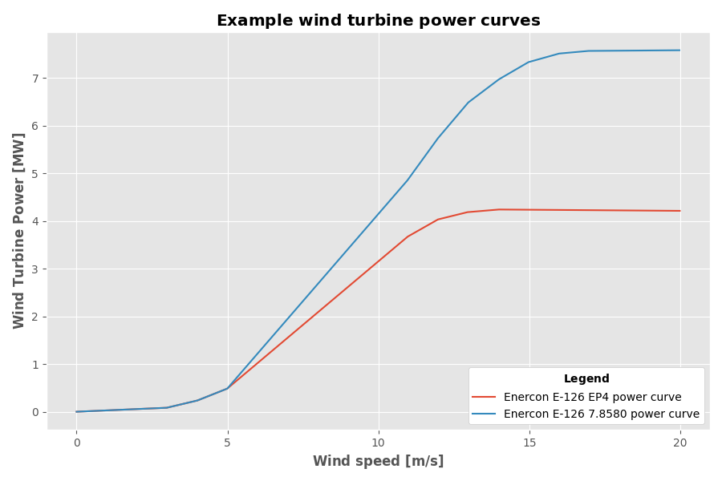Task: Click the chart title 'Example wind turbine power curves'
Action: [378, 21]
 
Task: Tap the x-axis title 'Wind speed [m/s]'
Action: [378, 461]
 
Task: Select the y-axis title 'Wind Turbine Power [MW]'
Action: [19, 231]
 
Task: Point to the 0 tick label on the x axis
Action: [77, 443]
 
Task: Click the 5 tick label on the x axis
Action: [228, 443]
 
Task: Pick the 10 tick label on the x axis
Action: [379, 443]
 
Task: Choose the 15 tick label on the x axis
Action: [529, 443]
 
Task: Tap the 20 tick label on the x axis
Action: [680, 443]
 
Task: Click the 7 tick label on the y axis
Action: [35, 79]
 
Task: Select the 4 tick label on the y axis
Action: [35, 221]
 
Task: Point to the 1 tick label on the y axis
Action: [35, 365]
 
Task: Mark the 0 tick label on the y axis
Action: [35, 412]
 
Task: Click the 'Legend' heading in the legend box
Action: [586, 379]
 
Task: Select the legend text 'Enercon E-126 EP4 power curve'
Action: [592, 397]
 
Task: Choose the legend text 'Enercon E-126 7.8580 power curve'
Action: [601, 414]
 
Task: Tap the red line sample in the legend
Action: [484, 397]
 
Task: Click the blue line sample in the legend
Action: [484, 414]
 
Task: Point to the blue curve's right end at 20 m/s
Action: [680, 51]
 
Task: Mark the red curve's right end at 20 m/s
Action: [680, 211]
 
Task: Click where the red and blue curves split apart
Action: [228, 388]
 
